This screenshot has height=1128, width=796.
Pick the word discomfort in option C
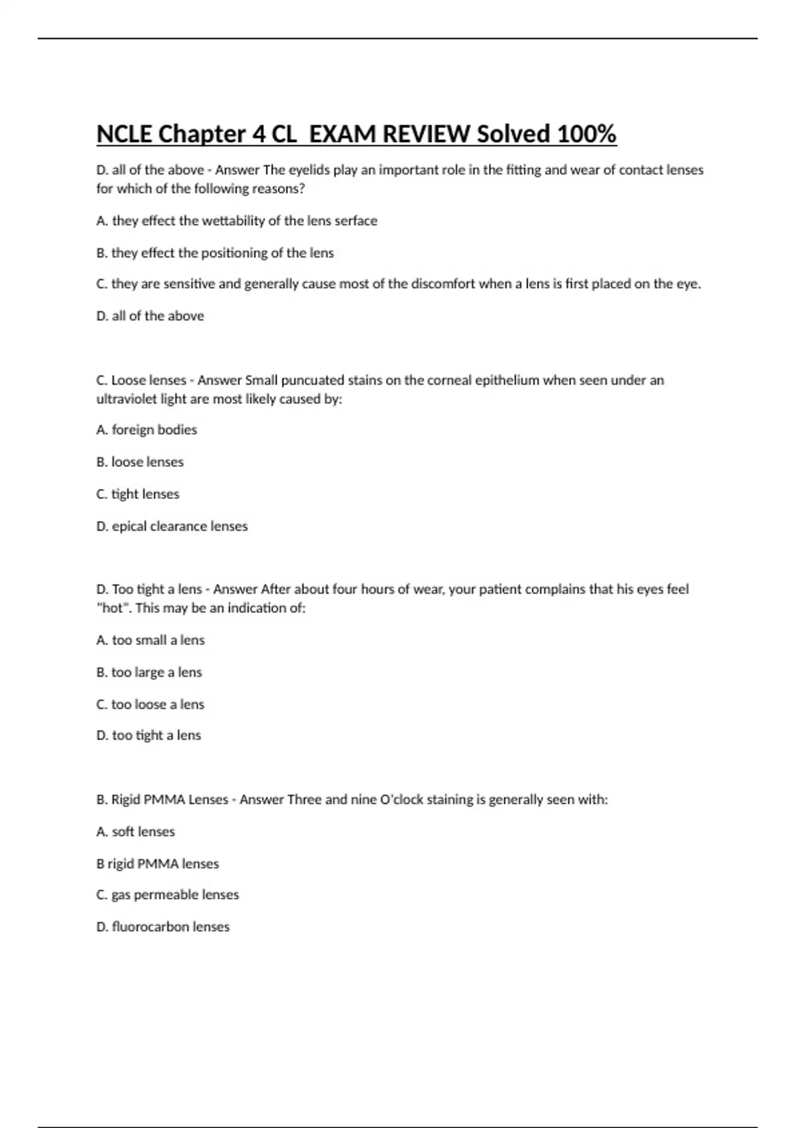pyautogui.click(x=442, y=284)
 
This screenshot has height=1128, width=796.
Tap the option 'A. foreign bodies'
pyautogui.click(x=147, y=430)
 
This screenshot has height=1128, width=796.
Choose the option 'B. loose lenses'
pyautogui.click(x=140, y=462)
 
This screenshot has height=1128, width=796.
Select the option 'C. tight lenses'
pyautogui.click(x=138, y=494)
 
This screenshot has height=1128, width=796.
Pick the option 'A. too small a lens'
pyautogui.click(x=151, y=640)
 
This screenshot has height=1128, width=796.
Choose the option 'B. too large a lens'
pyautogui.click(x=149, y=672)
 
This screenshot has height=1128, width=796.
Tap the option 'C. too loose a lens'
pyautogui.click(x=151, y=705)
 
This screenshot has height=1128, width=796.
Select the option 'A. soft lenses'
pyautogui.click(x=136, y=831)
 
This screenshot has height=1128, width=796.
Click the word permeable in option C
pyautogui.click(x=166, y=895)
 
